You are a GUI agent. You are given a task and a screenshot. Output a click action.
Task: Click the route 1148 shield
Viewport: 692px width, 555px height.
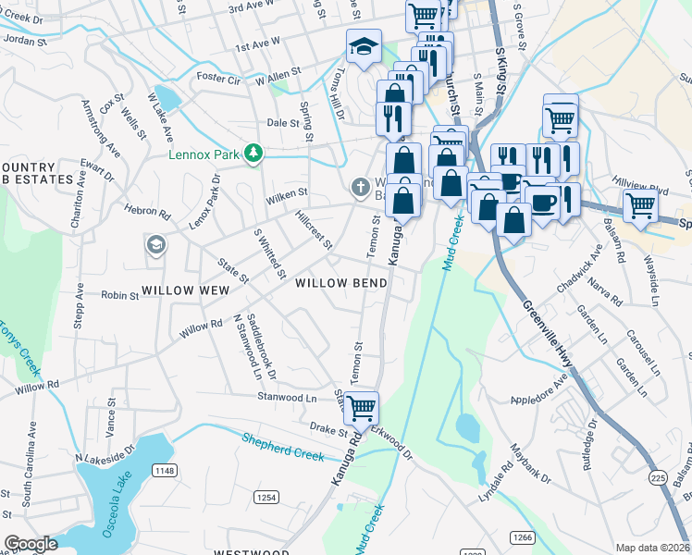click(165, 471)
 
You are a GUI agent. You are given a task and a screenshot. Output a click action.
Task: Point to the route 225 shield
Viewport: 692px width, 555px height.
click(658, 477)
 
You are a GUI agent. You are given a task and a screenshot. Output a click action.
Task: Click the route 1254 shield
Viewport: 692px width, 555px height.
click(266, 497)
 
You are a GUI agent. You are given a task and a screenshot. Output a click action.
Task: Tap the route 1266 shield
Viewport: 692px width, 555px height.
click(523, 537)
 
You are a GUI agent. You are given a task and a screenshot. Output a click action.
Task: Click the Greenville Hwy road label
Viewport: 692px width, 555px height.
click(548, 329)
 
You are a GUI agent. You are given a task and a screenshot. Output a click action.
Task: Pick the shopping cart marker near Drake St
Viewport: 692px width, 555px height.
click(361, 406)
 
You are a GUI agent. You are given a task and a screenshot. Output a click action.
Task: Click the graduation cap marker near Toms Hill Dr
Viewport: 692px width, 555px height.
click(365, 46)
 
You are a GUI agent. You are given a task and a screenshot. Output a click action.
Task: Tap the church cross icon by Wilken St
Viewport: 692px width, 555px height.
click(361, 187)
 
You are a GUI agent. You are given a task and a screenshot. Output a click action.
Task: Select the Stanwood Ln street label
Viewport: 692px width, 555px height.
click(287, 397)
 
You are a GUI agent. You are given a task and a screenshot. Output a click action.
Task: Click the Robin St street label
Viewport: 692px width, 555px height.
click(119, 296)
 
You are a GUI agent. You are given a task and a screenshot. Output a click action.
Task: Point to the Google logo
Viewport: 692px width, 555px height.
click(31, 544)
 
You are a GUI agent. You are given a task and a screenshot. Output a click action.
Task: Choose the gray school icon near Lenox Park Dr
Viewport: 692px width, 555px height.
click(155, 245)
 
